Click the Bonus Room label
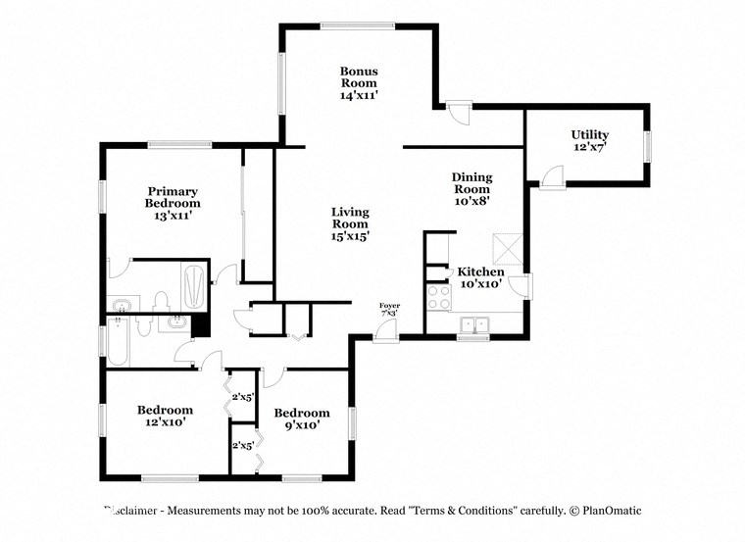(359, 83)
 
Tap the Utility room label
(589, 140)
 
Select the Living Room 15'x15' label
(349, 223)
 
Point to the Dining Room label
(472, 188)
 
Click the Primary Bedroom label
(173, 203)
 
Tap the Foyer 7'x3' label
(389, 310)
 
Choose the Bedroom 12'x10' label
(165, 416)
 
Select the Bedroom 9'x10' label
(301, 419)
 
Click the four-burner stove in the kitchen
(437, 295)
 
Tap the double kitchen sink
(476, 324)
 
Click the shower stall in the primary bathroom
(194, 285)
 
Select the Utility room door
(552, 177)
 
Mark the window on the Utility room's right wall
(646, 145)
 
